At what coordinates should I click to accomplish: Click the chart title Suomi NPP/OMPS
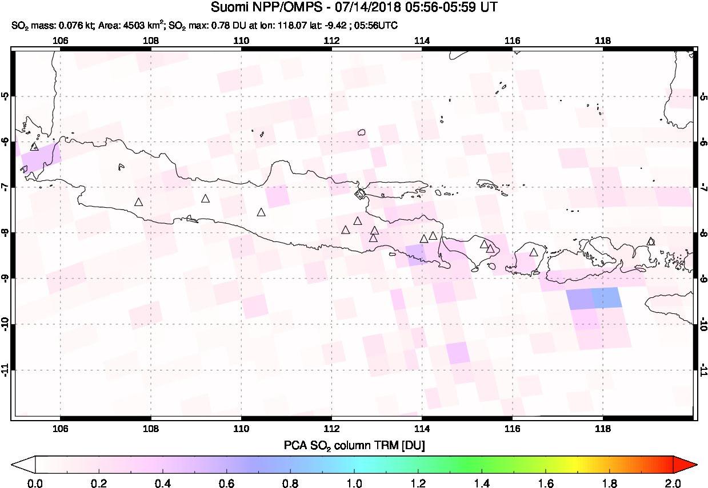(354, 8)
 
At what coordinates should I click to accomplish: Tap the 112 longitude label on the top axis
(331, 41)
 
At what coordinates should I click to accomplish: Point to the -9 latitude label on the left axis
(6, 278)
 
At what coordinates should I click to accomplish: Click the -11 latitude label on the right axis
(702, 370)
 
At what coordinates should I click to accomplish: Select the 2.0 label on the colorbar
(673, 483)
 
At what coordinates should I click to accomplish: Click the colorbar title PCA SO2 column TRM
(354, 444)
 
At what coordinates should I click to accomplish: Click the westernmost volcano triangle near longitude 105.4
(34, 147)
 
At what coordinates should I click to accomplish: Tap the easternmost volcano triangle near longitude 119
(650, 241)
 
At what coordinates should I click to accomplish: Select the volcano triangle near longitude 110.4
(261, 212)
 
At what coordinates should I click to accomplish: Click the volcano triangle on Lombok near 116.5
(534, 252)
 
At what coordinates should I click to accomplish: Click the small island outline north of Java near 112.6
(361, 133)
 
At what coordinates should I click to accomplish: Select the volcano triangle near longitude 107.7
(138, 202)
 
